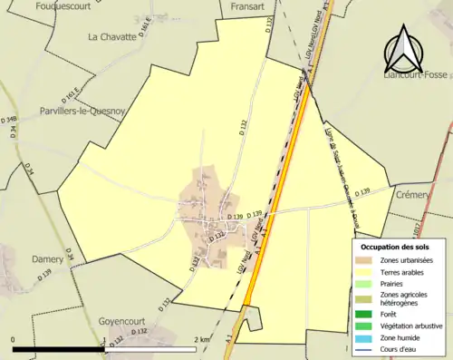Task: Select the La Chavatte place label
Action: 111,37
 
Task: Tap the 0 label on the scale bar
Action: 14,339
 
